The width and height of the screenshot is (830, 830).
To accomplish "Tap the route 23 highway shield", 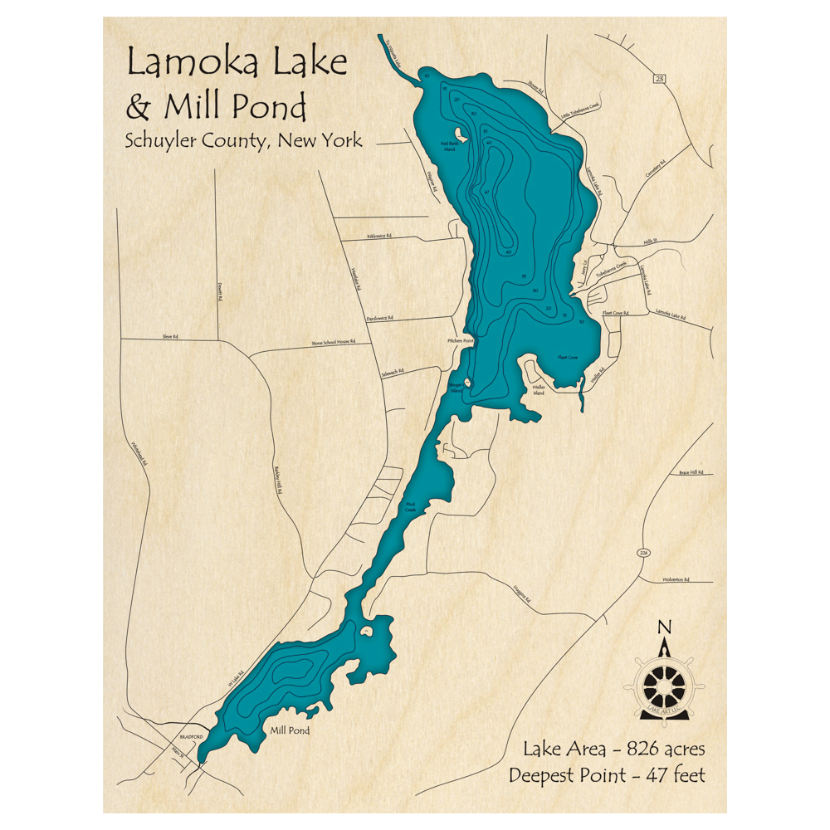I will (x=659, y=79).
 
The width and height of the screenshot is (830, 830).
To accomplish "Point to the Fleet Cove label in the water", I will (x=568, y=358).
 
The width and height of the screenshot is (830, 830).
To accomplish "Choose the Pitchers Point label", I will (x=459, y=340).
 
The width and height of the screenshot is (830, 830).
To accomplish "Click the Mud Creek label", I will (x=411, y=506).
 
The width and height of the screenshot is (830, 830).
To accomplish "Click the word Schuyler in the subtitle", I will (x=158, y=140).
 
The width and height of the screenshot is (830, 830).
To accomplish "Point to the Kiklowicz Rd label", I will (x=378, y=237).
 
